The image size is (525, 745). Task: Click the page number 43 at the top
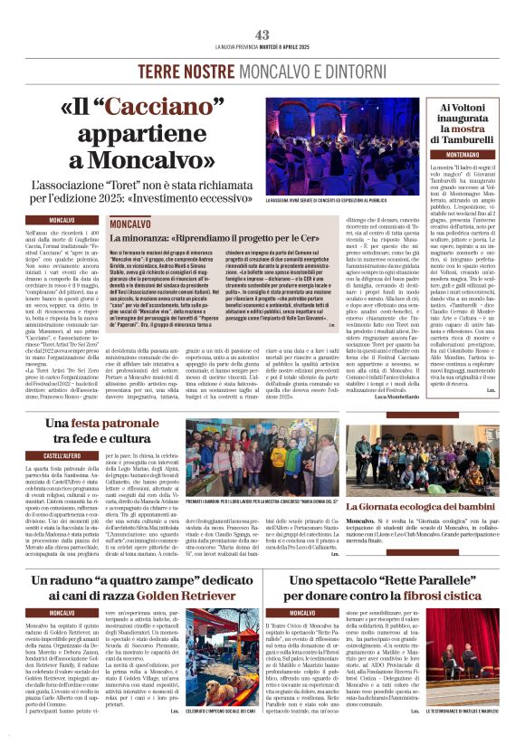point(262,34)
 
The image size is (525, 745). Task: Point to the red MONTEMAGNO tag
point(468,155)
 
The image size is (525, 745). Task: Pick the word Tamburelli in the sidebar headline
point(472,140)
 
